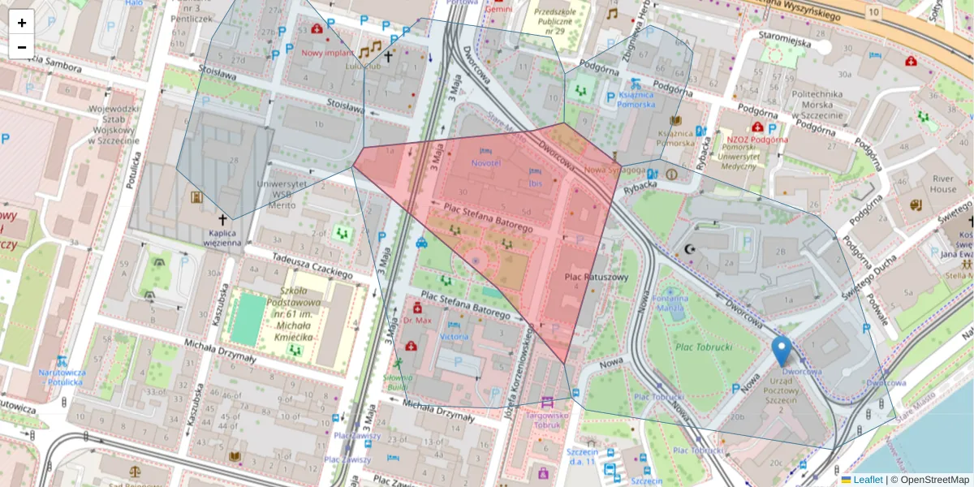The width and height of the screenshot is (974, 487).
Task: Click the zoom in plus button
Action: coord(22,23)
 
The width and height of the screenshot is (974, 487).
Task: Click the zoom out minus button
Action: coord(22,47)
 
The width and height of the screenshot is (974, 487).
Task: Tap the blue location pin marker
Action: coord(782,351)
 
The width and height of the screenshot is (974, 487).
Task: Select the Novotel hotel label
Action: coord(486,162)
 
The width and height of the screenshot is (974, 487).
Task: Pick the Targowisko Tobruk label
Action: coord(548,419)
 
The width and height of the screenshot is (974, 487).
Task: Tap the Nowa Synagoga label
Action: coord(614,170)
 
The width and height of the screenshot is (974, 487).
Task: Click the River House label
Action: coord(943,184)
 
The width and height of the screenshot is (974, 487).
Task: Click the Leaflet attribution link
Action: coord(868,480)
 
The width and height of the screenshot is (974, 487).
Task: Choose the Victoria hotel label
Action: coord(454,336)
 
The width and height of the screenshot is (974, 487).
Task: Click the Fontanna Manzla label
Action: coord(670,303)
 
